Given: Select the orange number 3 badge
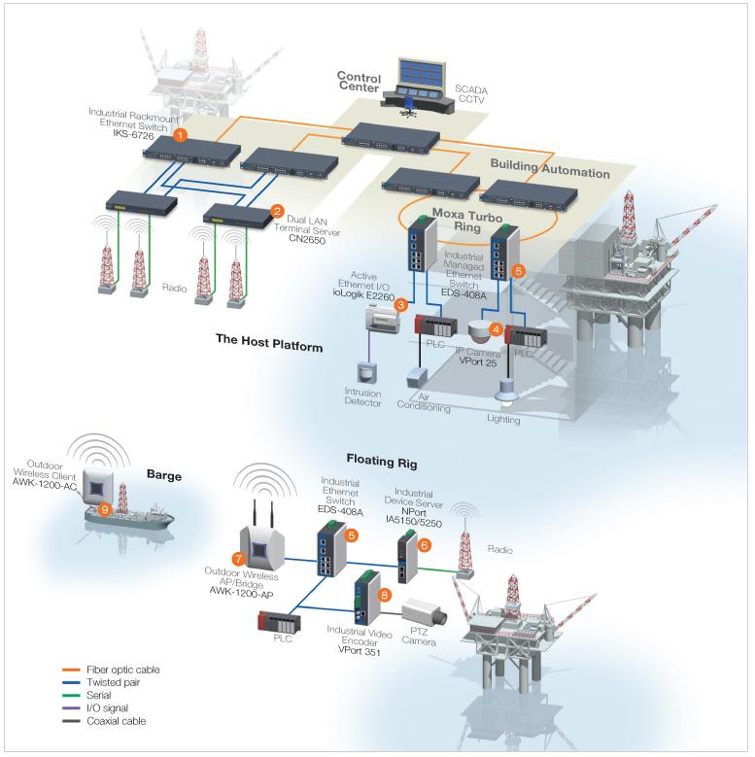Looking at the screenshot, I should coord(399,304).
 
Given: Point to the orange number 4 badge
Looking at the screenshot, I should coord(496,329).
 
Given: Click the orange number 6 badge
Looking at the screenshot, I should coord(424,546).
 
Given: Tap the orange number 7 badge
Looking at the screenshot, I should coord(236,558).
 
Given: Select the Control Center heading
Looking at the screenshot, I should coord(359,82).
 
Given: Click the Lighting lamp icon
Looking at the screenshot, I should coord(504,389).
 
